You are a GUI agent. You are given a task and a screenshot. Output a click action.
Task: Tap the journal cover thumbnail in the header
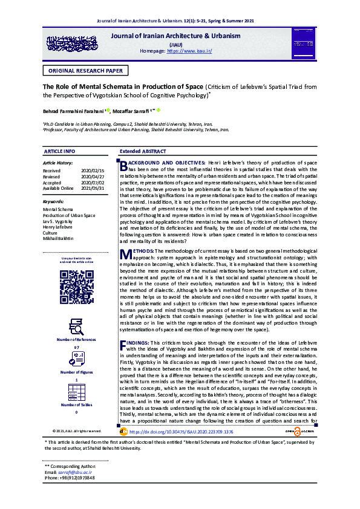pyautogui.click(x=301, y=43)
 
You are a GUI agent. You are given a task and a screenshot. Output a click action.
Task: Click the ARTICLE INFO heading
pyautogui.click(x=60, y=151)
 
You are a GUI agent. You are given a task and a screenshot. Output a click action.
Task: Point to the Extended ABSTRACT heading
pyautogui.click(x=143, y=151)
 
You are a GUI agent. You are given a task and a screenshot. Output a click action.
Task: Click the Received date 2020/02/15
pyautogui.click(x=93, y=171)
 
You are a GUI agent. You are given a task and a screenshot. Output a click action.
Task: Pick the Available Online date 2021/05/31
pyautogui.click(x=93, y=188)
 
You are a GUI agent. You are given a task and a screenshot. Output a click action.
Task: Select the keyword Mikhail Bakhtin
pyautogui.click(x=58, y=238)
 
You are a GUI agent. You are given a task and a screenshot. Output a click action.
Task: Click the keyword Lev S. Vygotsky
pyautogui.click(x=57, y=221)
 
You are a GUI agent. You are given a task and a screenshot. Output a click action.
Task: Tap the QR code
pyautogui.click(x=76, y=285)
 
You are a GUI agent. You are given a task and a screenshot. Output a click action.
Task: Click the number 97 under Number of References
pyautogui.click(x=76, y=348)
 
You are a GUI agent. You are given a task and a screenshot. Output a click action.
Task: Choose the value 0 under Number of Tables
pyautogui.click(x=76, y=412)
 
